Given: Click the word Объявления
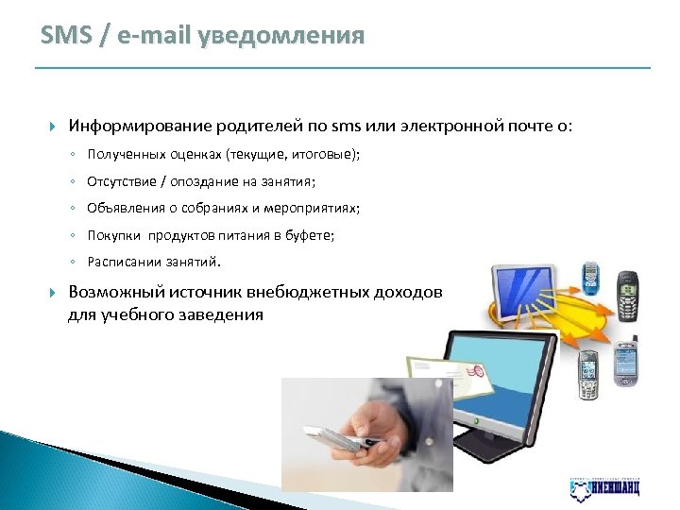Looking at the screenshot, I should click(122, 208).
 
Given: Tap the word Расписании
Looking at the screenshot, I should click(121, 262).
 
